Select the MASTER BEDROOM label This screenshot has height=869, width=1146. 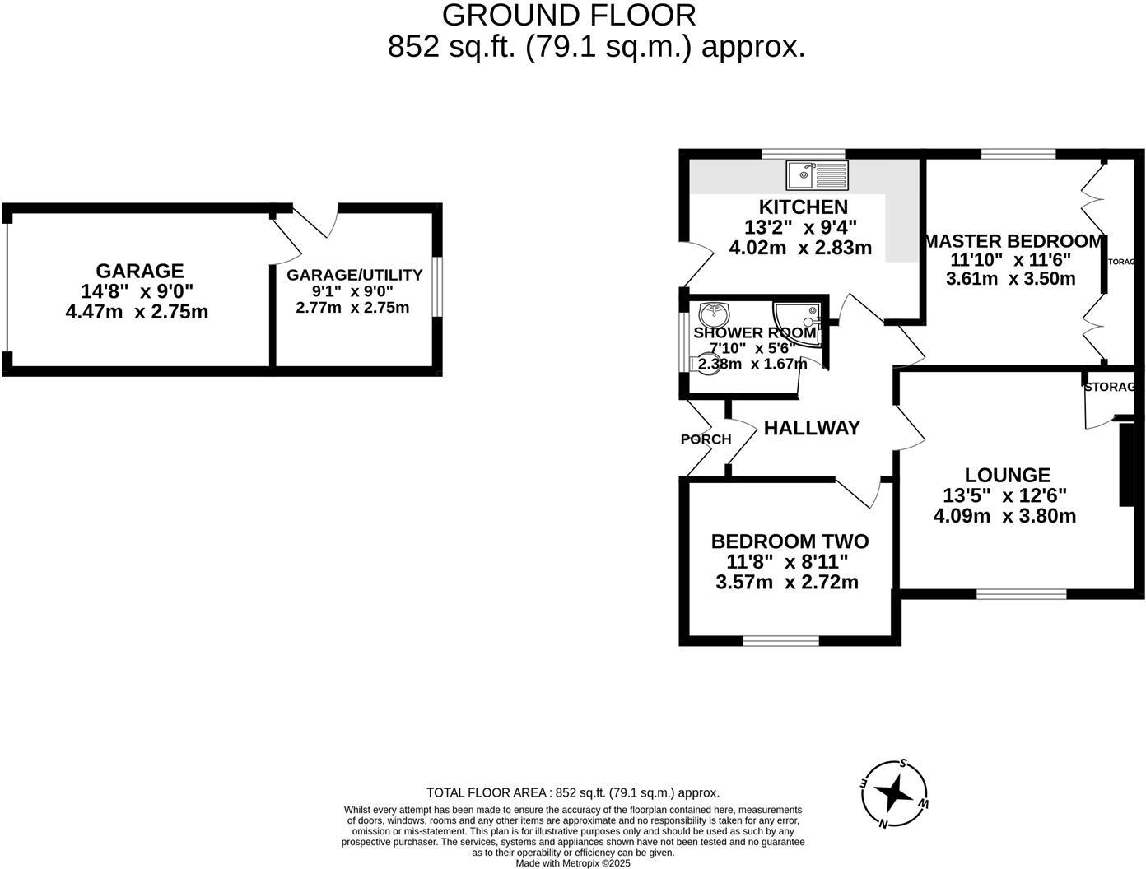pyautogui.click(x=1013, y=241)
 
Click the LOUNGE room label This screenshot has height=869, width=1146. pyautogui.click(x=1007, y=475)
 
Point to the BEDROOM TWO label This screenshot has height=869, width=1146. pyautogui.click(x=790, y=541)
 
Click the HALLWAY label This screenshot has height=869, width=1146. pyautogui.click(x=812, y=428)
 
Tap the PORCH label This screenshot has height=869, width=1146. pyautogui.click(x=706, y=439)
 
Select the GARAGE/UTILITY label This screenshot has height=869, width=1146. pyautogui.click(x=354, y=275)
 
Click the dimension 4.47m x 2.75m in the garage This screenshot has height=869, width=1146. pyautogui.click(x=137, y=312)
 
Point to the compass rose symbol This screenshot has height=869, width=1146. pyautogui.click(x=894, y=794)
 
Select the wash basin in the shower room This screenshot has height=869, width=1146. pyautogui.click(x=714, y=314)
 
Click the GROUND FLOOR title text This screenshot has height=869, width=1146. pyautogui.click(x=569, y=15)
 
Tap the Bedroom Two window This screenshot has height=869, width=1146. pyautogui.click(x=780, y=640)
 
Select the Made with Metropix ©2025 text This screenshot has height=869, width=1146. pyautogui.click(x=573, y=863)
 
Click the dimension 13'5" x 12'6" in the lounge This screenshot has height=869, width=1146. pyautogui.click(x=1004, y=495)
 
